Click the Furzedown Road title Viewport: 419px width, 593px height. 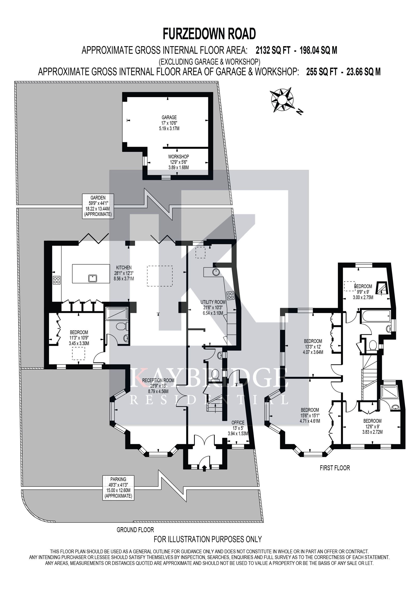click(x=209, y=34)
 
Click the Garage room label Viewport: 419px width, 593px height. click(x=169, y=123)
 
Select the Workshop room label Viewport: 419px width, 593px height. click(x=178, y=162)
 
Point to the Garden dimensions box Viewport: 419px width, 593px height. click(x=98, y=206)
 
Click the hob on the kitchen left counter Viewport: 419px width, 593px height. click(x=57, y=280)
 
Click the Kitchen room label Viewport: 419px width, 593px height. click(x=124, y=273)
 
